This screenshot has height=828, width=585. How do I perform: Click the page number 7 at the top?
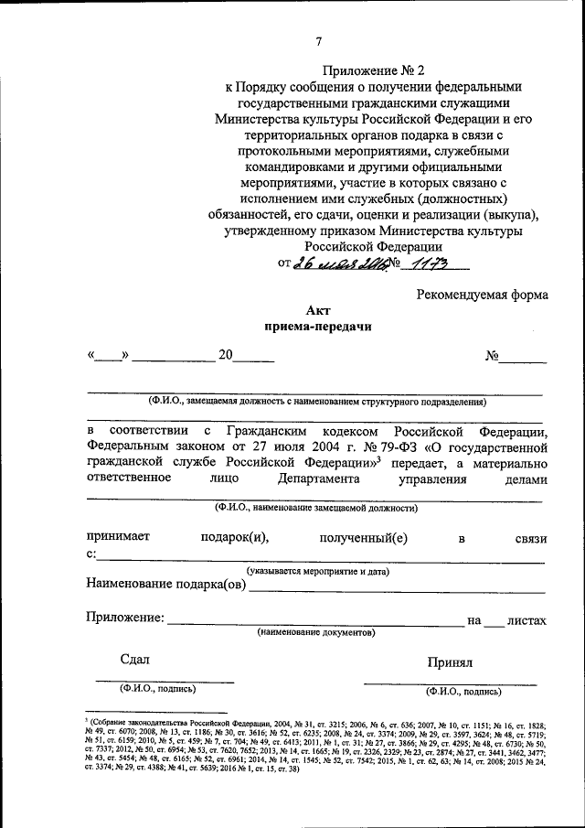(319, 41)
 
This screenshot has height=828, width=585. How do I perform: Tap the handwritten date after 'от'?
(335, 263)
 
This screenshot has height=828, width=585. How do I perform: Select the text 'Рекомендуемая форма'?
(482, 295)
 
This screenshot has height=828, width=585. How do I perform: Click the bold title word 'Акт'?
(318, 311)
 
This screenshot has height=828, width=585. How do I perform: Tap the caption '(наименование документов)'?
(315, 633)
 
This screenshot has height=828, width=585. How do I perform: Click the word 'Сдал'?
(134, 660)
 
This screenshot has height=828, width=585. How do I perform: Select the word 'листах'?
(526, 620)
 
